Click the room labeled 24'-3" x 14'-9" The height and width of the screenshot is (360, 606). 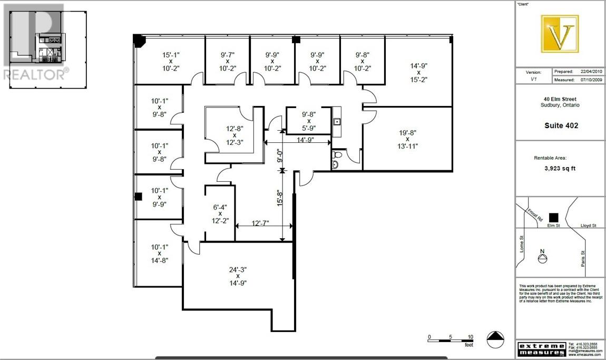click(238, 276)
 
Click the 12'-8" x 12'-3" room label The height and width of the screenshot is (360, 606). click(234, 135)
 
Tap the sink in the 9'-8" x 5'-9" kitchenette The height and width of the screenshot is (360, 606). click(337, 122)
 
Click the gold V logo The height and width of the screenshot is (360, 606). click(560, 34)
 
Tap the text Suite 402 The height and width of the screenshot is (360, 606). click(561, 125)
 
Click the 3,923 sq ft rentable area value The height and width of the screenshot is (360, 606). click(561, 170)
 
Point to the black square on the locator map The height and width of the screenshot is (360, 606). click(553, 217)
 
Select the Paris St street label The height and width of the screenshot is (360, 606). click(583, 258)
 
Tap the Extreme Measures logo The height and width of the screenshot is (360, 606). click(542, 348)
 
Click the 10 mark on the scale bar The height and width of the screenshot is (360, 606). click(470, 337)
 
